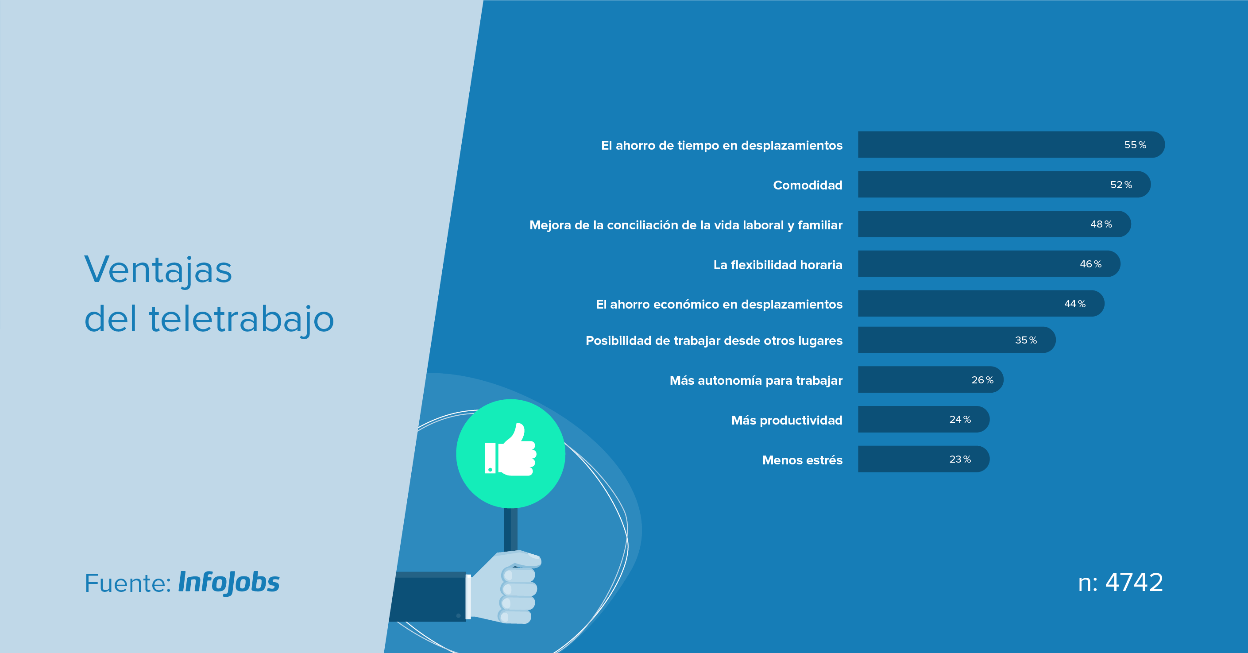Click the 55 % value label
pos(1135,145)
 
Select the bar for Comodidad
pos(1005,184)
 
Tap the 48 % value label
pos(1101,224)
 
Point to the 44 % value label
pos(1075,304)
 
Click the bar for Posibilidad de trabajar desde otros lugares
pos(957,340)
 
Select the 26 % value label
pos(982,380)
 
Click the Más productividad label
pos(787,420)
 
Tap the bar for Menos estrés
pos(924,459)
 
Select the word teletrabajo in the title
pos(241,319)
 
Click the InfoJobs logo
pos(229,583)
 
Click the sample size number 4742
pos(1134,582)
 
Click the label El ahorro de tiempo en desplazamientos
pos(722,145)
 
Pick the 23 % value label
pos(960,459)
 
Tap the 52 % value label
pos(1121,185)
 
